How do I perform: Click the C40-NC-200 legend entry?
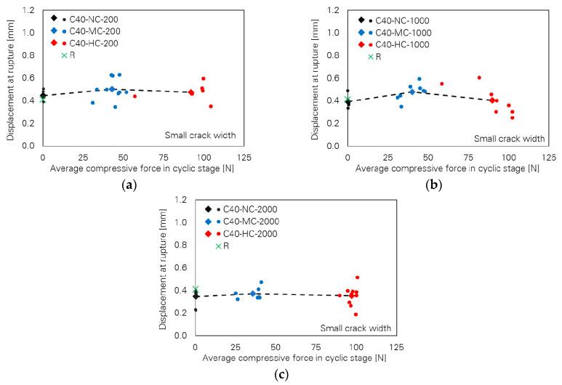pos(89,17)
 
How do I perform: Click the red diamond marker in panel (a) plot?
pos(191,92)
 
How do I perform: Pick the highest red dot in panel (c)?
pos(357,277)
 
